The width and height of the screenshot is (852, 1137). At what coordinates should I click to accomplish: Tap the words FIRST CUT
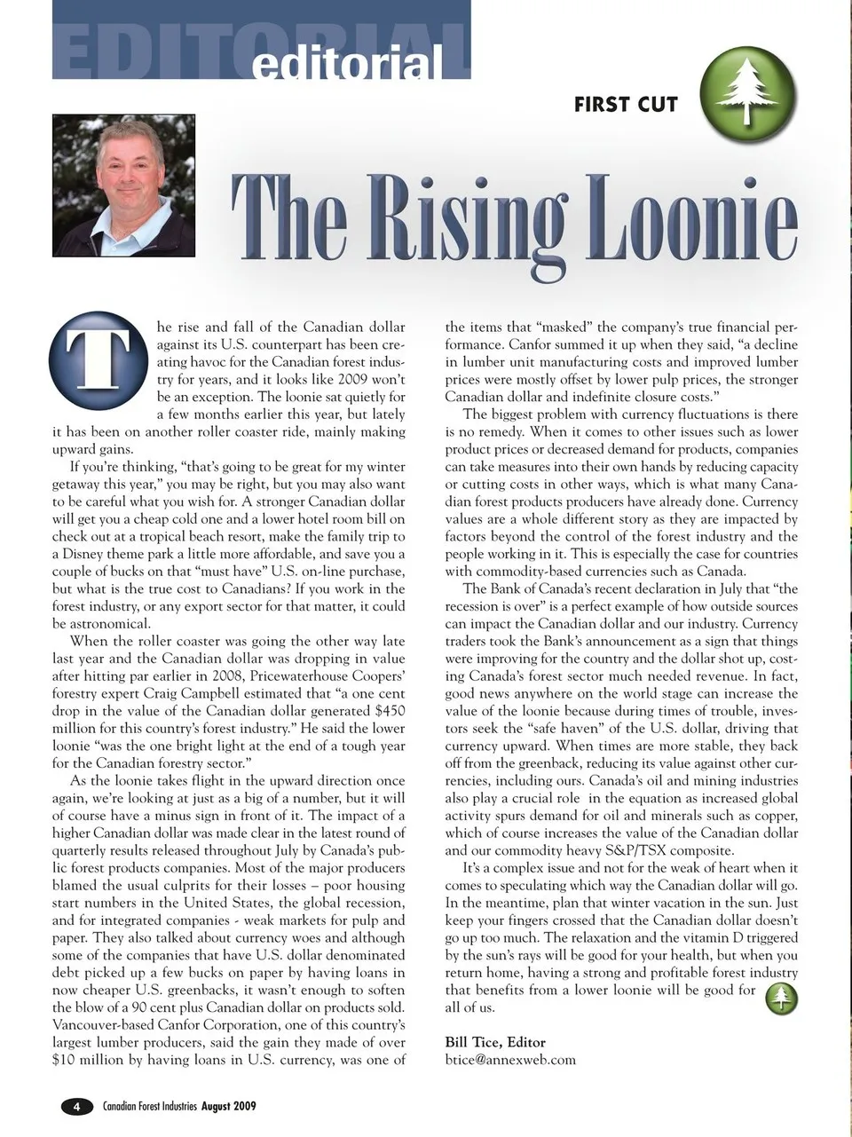pos(626,105)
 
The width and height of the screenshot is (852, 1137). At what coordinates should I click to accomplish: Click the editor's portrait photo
pos(124,187)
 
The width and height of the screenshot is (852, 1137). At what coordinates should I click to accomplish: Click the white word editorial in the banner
pos(347,64)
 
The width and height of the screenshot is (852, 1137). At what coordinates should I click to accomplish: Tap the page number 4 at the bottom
pos(76,1106)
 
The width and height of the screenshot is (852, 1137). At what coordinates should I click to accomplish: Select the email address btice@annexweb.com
pos(510,1060)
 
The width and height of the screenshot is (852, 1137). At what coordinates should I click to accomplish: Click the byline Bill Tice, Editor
pos(495,1042)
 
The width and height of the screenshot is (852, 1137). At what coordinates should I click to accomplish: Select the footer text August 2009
pos(229,1106)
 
